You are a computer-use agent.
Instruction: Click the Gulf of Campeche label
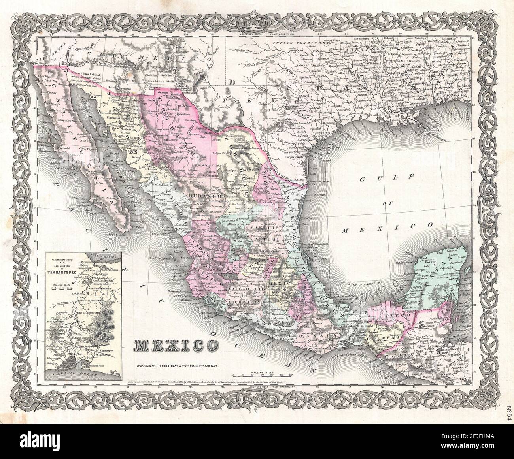[x=362, y=284]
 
